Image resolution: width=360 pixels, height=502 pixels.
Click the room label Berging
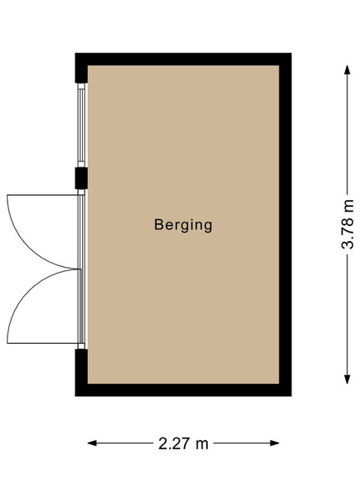[x=183, y=225]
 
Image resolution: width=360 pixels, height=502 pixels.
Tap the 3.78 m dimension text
[x=347, y=224]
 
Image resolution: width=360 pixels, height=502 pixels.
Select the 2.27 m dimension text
[x=183, y=443]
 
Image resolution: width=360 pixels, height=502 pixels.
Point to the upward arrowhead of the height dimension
[x=347, y=69]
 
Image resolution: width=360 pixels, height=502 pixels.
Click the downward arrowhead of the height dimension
[x=347, y=379]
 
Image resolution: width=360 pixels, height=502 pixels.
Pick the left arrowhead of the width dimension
[x=92, y=443]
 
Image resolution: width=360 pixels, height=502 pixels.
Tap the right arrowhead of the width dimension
[x=275, y=443]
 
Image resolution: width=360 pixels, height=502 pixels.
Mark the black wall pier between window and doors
[x=81, y=178]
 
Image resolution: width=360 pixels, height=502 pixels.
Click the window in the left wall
[x=81, y=125]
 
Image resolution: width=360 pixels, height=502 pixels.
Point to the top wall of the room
[x=183, y=59]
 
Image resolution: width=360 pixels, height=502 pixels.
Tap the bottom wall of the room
[x=183, y=390]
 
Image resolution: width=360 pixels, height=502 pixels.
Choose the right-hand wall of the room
[x=285, y=224]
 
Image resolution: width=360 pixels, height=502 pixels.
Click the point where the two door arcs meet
[x=79, y=269]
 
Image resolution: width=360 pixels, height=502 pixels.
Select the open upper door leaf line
[x=43, y=195]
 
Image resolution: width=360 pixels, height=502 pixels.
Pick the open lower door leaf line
[x=43, y=344]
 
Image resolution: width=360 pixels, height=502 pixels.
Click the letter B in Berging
[x=158, y=224]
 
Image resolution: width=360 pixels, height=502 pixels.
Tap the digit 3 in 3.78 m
[x=347, y=244]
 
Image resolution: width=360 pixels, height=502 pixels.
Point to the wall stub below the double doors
[x=81, y=366]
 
